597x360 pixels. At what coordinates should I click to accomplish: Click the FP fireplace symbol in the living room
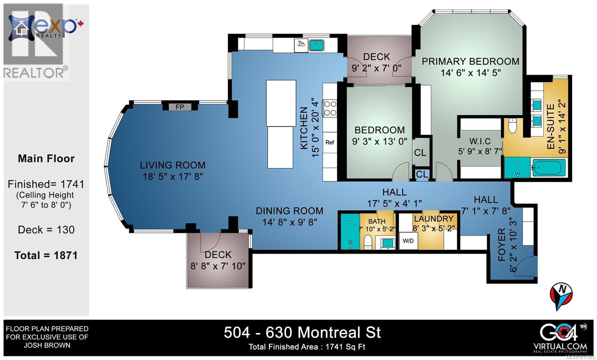[x=180, y=107]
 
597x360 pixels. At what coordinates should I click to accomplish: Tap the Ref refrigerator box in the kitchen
[x=329, y=142]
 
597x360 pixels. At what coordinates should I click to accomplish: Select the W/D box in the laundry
[x=408, y=241]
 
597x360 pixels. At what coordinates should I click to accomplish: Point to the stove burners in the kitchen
[x=330, y=108]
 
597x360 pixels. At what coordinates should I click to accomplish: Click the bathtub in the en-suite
[x=548, y=168]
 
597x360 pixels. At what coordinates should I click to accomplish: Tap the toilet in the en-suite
[x=513, y=126]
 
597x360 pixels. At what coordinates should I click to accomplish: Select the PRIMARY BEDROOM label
[x=470, y=62]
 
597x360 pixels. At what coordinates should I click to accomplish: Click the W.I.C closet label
[x=480, y=141]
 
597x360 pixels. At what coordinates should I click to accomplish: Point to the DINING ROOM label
[x=289, y=211]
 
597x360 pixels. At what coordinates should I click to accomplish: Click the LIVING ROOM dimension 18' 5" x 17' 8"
[x=172, y=176]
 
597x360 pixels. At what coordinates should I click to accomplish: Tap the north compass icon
[x=561, y=295]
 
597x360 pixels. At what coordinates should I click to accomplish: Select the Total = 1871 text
[x=46, y=256]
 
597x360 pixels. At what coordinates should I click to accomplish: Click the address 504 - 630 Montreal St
[x=302, y=332]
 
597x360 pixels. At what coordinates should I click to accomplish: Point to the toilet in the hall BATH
[x=368, y=242]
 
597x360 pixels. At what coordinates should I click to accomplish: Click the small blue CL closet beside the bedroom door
[x=422, y=174]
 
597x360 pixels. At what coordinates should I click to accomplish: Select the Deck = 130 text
[x=46, y=230]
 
